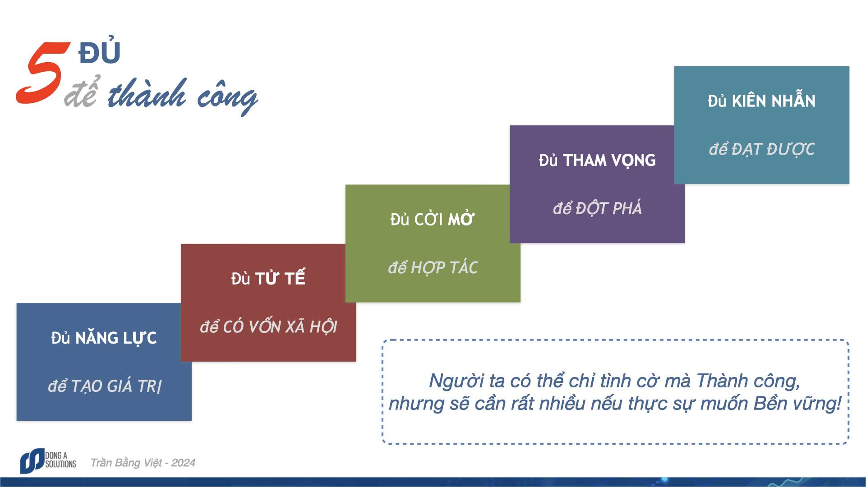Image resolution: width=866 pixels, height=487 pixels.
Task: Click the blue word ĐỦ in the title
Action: [x=99, y=53]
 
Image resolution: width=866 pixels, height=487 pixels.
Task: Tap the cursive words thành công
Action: [x=182, y=96]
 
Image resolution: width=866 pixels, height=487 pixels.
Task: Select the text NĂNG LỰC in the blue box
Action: [x=116, y=338]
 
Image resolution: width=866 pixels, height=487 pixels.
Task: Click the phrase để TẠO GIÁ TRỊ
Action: [x=104, y=386]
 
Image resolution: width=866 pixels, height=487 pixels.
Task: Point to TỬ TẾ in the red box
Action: [x=280, y=279]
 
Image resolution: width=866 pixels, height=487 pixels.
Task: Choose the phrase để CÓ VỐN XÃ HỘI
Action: [x=268, y=327]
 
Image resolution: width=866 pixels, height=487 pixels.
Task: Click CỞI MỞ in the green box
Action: [x=444, y=220]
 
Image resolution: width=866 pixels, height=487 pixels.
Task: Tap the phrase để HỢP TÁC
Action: [x=433, y=268]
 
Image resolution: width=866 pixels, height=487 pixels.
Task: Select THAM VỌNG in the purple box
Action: [x=609, y=161]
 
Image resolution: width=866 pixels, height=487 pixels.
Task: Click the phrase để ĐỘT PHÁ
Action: [x=597, y=208]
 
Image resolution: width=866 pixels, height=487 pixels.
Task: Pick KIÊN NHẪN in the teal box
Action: [x=774, y=101]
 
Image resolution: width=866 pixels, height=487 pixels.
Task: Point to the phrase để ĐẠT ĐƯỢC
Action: [x=761, y=149]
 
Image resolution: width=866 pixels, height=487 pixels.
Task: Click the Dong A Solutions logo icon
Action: [x=32, y=461]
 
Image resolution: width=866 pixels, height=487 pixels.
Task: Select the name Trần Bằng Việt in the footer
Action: [x=126, y=463]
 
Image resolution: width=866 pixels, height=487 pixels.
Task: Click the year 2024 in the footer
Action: [x=183, y=463]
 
